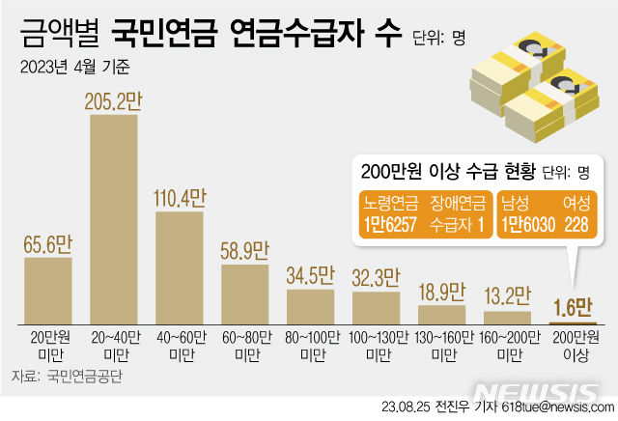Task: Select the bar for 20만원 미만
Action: pyautogui.click(x=48, y=289)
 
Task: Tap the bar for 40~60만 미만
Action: pyautogui.click(x=180, y=266)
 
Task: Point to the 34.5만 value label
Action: pyautogui.click(x=310, y=274)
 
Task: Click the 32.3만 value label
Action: pyautogui.click(x=376, y=278)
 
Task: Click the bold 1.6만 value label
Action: pyautogui.click(x=572, y=307)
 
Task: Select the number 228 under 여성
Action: pyautogui.click(x=577, y=223)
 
